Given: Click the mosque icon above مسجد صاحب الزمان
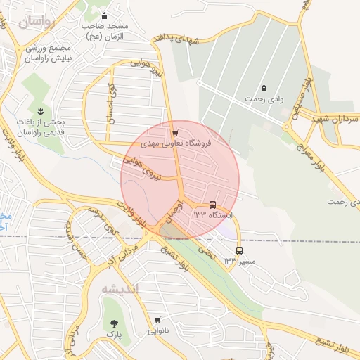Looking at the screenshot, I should point(105,17).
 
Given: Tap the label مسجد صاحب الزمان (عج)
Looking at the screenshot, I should point(103,31).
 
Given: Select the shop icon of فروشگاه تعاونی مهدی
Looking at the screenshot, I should point(174,131).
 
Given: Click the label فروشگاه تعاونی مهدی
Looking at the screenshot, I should point(176,143).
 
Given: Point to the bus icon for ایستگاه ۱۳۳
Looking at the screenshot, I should point(213,205).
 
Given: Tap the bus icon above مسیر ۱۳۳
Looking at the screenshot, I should point(240,250).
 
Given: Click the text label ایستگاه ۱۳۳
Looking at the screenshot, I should point(213,214).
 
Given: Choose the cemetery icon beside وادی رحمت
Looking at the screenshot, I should point(264,88).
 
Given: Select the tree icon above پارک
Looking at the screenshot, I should point(115,324).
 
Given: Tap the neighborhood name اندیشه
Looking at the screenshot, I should point(120,289).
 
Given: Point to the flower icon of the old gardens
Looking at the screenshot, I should point(39,111).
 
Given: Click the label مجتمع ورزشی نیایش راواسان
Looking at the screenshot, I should point(45,54).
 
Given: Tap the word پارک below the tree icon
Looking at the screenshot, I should point(115,336).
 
